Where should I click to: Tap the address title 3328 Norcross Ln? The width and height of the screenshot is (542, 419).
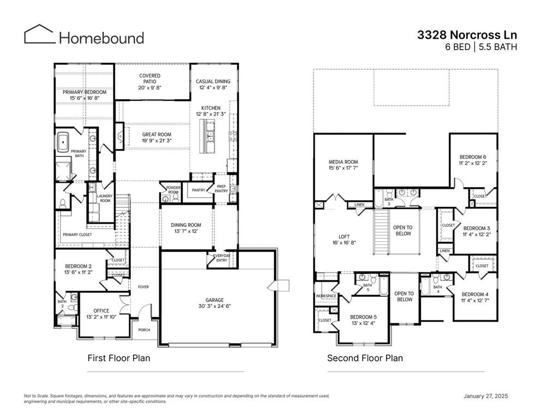pyautogui.click(x=467, y=35)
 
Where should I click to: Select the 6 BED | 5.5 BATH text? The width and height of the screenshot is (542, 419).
pyautogui.click(x=481, y=47)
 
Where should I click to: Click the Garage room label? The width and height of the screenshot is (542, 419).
pyautogui.click(x=214, y=300)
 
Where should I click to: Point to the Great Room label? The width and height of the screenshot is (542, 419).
pyautogui.click(x=156, y=134)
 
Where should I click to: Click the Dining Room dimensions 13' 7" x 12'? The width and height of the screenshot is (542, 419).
pyautogui.click(x=186, y=231)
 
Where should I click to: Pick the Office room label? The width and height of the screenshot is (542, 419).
pyautogui.click(x=101, y=311)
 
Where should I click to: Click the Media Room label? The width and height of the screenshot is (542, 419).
pyautogui.click(x=343, y=162)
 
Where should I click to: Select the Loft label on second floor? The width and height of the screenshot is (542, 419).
pyautogui.click(x=344, y=237)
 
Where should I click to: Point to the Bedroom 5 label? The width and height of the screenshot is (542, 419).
pyautogui.click(x=363, y=317)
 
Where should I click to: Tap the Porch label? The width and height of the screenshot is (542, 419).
pyautogui.click(x=144, y=330)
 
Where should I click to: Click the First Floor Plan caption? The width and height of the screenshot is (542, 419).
pyautogui.click(x=119, y=358)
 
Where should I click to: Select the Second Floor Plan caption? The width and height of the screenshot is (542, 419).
pyautogui.click(x=365, y=358)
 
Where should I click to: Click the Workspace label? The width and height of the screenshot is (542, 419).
pyautogui.click(x=326, y=296)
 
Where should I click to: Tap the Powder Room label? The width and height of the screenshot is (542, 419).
pyautogui.click(x=173, y=190)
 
